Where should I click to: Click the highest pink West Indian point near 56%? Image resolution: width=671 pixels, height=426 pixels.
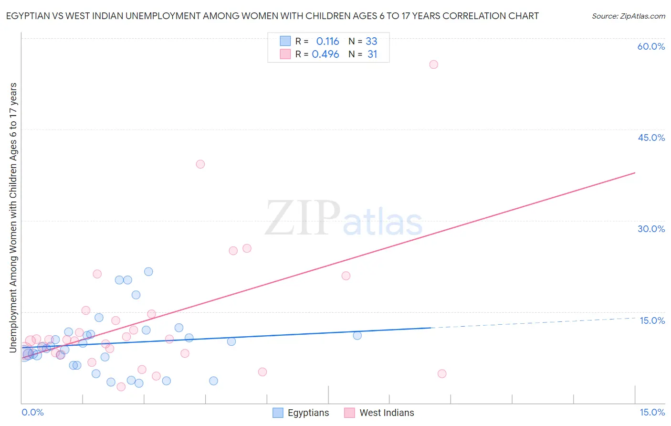click(433, 64)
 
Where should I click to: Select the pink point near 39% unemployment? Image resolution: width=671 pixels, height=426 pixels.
click(200, 164)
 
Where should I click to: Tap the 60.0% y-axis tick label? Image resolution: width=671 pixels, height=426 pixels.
click(651, 46)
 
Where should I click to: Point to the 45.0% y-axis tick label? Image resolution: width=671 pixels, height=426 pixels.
click(651, 138)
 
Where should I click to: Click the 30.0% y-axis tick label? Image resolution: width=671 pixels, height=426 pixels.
click(651, 229)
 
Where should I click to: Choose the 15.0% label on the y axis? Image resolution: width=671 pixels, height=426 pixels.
click(652, 320)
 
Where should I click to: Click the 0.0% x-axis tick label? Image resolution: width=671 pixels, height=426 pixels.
click(33, 412)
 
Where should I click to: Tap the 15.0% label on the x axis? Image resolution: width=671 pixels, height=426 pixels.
click(652, 412)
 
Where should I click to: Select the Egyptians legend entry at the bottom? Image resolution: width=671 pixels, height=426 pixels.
click(308, 413)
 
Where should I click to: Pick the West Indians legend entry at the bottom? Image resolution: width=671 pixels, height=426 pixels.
click(387, 413)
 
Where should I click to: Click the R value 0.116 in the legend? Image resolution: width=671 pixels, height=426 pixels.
click(327, 42)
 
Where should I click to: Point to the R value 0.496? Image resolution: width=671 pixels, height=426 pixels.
click(325, 54)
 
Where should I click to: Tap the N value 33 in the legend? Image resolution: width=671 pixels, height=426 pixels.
click(371, 42)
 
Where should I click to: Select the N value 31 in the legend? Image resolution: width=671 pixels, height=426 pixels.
click(372, 54)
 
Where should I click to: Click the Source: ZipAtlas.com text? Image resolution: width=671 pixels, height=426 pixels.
click(628, 16)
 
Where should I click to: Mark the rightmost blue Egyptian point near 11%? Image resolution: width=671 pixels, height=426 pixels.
click(357, 335)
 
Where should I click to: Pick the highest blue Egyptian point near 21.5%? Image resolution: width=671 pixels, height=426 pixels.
click(148, 272)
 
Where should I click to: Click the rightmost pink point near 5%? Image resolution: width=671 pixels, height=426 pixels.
click(442, 373)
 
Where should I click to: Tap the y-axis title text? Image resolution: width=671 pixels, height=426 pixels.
click(13, 217)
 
